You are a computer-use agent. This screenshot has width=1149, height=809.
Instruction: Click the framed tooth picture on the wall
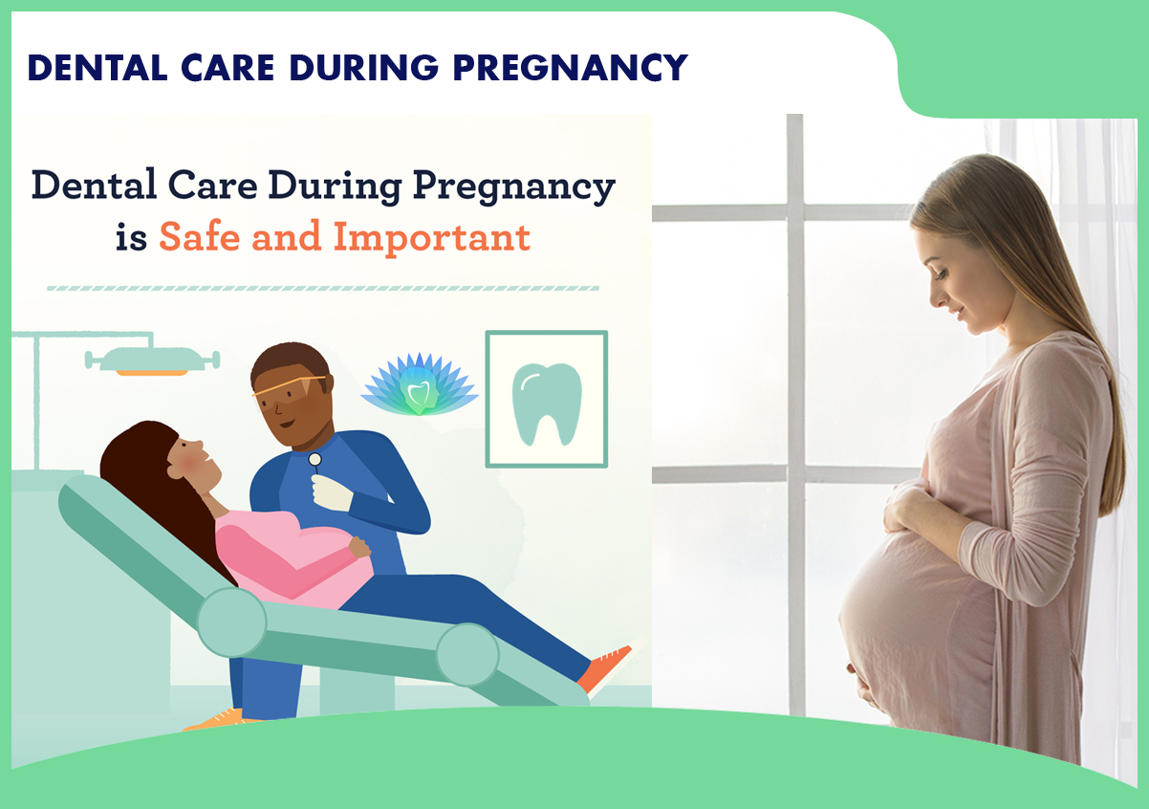(546, 399)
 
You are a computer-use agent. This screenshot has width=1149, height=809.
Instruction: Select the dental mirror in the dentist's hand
(314, 461)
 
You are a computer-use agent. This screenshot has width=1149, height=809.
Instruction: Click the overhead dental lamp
(152, 360)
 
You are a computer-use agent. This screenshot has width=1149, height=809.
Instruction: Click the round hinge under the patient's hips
(231, 621)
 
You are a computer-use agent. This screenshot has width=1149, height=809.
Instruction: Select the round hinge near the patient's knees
(467, 654)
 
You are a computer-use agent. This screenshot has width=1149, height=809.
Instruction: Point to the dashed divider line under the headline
(323, 287)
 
